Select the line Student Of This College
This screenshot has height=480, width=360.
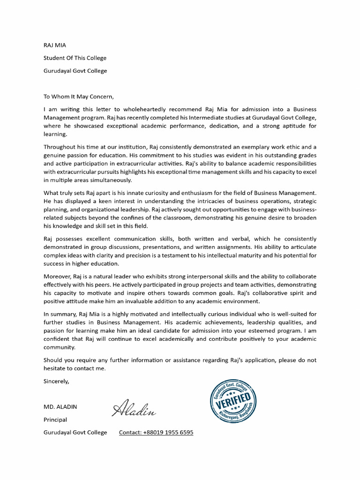click(75, 58)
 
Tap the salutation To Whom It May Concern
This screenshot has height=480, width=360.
click(78, 97)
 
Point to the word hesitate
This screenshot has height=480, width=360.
click(56, 368)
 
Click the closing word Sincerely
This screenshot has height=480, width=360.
click(56, 381)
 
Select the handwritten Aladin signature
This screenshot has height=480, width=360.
click(134, 408)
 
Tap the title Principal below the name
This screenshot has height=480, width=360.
click(55, 420)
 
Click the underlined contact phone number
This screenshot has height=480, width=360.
click(156, 432)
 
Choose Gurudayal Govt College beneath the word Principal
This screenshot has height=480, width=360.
click(75, 432)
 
